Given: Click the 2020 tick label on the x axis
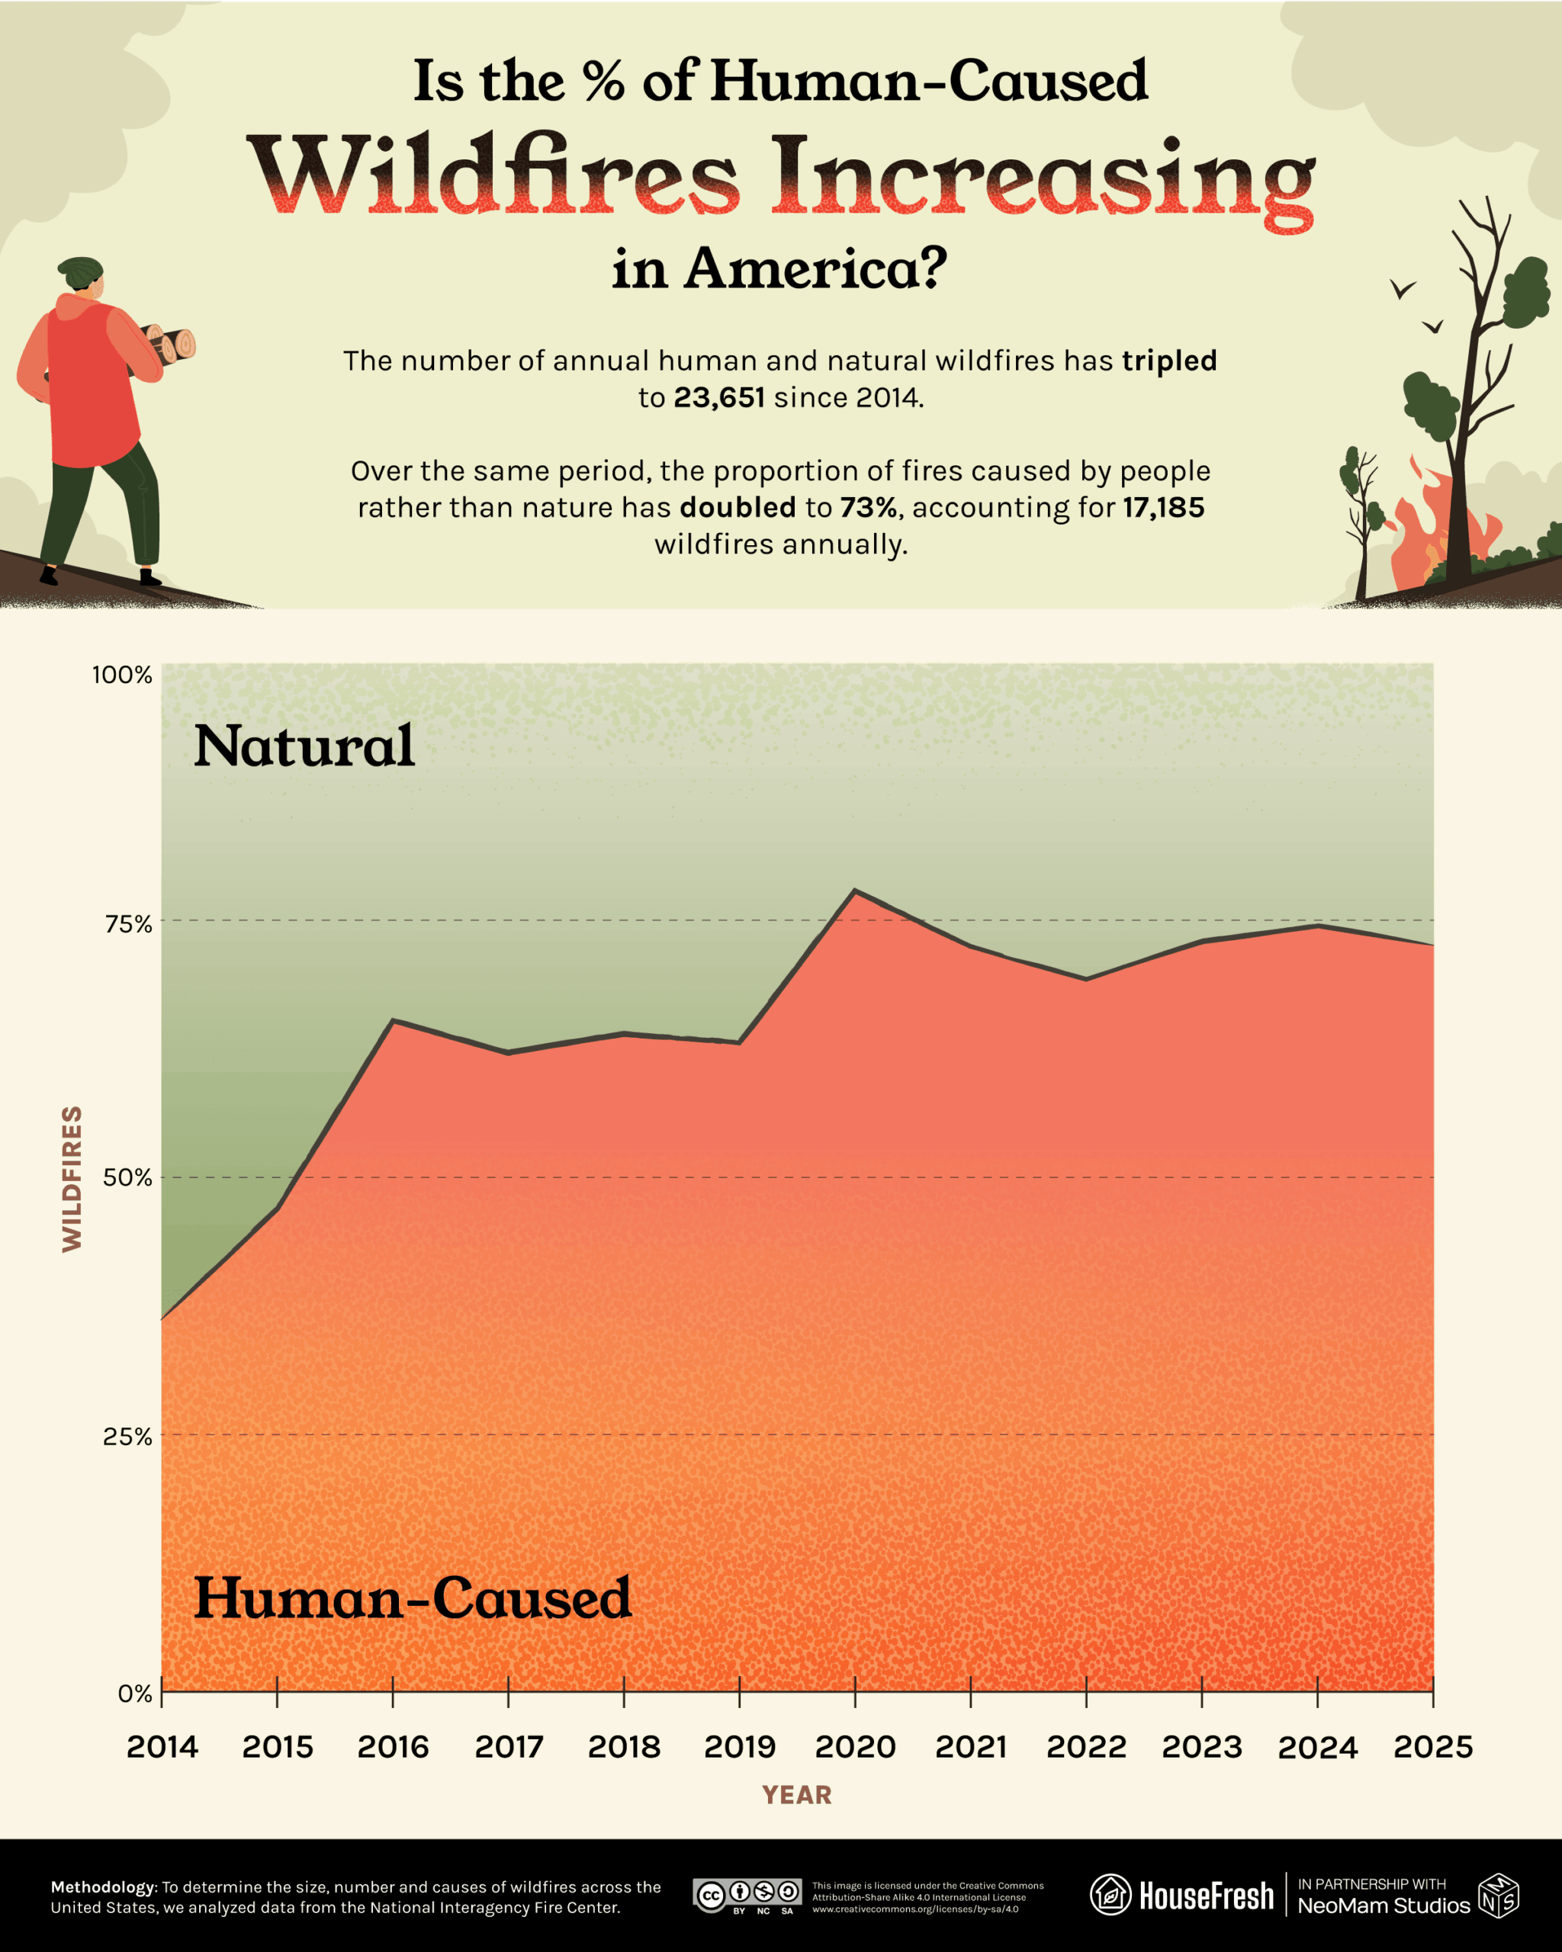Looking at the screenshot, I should tap(855, 1746).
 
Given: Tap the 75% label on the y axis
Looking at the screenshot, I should tap(127, 923).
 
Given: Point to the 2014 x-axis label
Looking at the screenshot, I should tap(162, 1746).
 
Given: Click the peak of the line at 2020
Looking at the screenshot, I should tap(855, 890).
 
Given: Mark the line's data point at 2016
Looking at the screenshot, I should tap(393, 1020).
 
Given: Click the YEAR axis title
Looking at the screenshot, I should tap(796, 1796).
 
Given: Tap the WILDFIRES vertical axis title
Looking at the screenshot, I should tap(72, 1179).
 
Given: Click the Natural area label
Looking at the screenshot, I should tap(304, 747).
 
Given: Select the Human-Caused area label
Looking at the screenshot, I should tap(413, 1599).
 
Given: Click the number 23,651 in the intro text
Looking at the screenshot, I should tap(719, 397).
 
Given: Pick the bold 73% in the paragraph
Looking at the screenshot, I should tap(867, 507).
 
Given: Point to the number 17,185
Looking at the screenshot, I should tap(1164, 507).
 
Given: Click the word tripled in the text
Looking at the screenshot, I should tap(1169, 361).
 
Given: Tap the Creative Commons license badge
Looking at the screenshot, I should tap(747, 1894).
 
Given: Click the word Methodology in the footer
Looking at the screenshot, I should tap(103, 1887).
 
